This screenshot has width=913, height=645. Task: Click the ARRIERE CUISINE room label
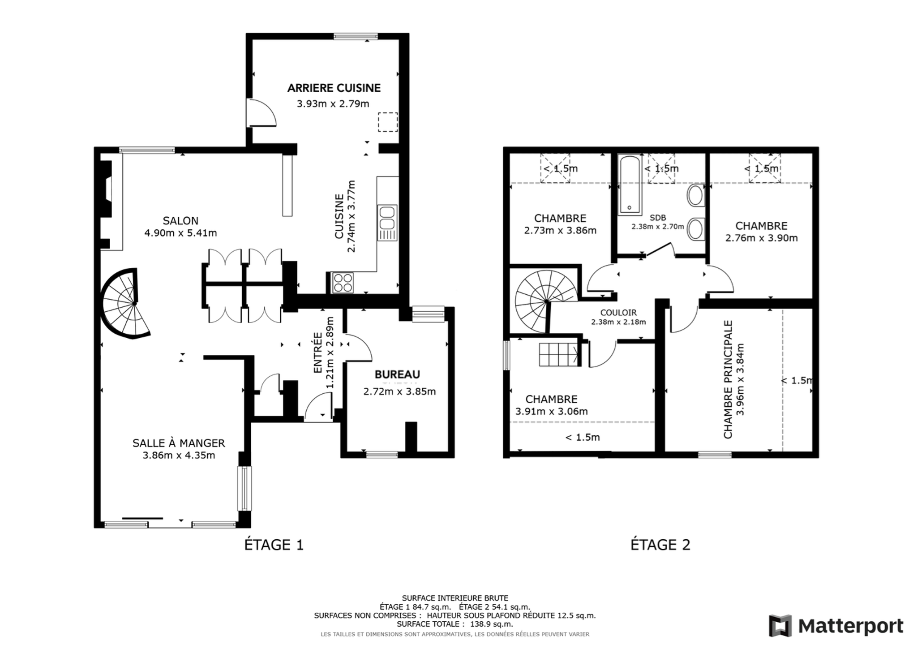pos(334,88)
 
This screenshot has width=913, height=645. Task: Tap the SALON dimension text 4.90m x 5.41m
pos(180,233)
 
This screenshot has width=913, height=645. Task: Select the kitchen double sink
pos(387,223)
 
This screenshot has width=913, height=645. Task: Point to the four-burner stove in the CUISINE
pos(343,283)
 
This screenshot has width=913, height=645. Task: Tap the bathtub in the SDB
pos(630,185)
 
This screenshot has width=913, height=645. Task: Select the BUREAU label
pos(397,374)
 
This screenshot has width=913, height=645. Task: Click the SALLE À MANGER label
pos(179,443)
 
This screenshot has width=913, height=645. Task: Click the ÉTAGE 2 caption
pos(660,545)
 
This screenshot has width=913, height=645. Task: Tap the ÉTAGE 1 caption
pos(274,545)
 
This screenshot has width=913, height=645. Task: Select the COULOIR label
pos(618,313)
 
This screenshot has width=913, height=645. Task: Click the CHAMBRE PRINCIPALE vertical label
pos(728,379)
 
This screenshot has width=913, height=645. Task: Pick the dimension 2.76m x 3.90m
pos(761,238)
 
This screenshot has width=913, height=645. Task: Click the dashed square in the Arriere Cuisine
pos(388,122)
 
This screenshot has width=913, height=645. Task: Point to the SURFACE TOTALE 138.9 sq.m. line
pos(455,624)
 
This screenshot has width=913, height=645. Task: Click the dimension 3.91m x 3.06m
pos(551,411)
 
